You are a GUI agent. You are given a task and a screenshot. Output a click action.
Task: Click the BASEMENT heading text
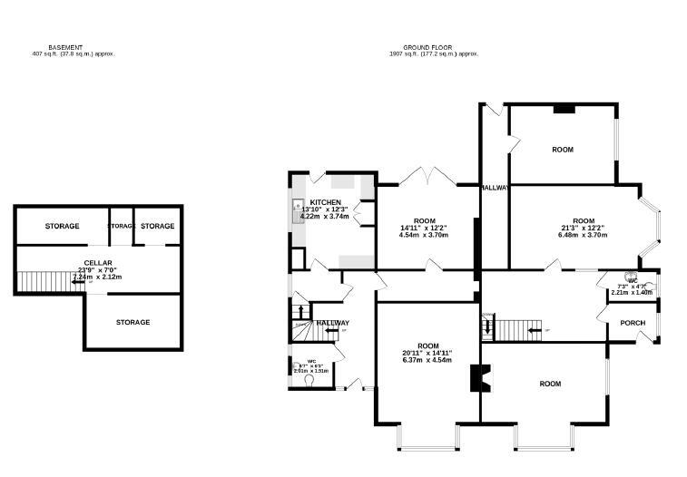click(x=65, y=47)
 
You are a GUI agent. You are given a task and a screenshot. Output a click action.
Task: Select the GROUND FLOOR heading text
click(x=427, y=47)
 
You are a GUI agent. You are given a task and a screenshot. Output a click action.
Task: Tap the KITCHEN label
click(x=325, y=202)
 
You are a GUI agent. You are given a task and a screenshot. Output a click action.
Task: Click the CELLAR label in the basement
click(x=97, y=262)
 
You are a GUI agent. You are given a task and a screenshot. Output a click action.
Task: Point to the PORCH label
click(x=632, y=323)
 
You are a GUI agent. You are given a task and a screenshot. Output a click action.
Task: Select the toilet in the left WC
click(x=312, y=382)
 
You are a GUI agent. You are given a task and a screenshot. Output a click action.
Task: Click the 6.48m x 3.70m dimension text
click(x=583, y=235)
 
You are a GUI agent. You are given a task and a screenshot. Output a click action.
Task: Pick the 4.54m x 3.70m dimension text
click(x=425, y=235)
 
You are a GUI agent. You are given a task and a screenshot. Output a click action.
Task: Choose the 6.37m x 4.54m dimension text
click(x=427, y=360)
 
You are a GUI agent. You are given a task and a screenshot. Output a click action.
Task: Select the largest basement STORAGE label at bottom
click(x=132, y=322)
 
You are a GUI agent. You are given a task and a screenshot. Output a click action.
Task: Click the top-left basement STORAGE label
click(x=62, y=226)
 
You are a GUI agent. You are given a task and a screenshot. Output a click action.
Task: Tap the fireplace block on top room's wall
click(x=564, y=109)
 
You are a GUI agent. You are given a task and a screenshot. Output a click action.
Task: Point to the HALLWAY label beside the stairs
click(x=332, y=323)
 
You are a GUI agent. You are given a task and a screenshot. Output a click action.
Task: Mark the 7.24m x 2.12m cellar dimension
click(x=97, y=277)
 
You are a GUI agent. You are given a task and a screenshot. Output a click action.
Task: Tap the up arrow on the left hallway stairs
click(x=300, y=311)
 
